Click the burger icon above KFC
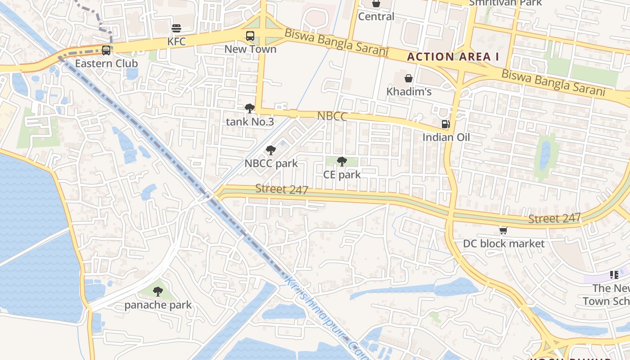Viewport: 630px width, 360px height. coord(176,28)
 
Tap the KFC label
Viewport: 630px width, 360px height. coord(176,41)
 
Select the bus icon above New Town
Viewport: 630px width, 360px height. coord(250,36)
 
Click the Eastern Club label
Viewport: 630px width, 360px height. coord(106,63)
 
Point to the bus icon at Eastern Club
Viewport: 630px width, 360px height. coord(106,50)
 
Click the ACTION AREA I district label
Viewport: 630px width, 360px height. coord(453,57)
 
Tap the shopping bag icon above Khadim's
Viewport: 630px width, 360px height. coord(409,78)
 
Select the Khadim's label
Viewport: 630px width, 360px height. coord(409,92)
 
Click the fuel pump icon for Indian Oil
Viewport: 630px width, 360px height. coord(445,124)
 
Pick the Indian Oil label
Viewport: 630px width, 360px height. coord(446,137)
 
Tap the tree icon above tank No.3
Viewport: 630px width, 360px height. coord(250,108)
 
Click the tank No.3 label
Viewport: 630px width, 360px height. coord(250,121)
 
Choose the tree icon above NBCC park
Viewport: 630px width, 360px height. coord(270,150)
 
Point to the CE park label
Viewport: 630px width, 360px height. coord(342,174)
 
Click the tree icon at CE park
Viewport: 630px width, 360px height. coord(342,161)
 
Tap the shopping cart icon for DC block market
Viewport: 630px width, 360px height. coord(504,230)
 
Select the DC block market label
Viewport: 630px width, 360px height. coord(504,244)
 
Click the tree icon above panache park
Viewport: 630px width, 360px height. coord(157,292)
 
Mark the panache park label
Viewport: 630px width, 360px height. coord(158,305)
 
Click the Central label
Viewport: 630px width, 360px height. coord(376,17)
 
